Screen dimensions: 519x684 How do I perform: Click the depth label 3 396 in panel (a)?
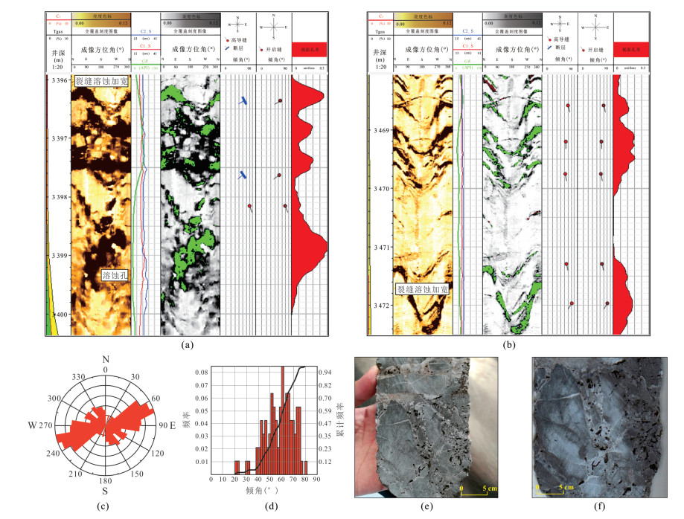coord(57,80)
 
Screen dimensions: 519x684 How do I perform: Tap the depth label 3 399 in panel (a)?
coord(57,255)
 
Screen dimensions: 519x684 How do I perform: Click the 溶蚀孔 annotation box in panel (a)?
coord(116,275)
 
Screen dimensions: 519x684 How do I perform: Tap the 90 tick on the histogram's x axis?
coord(316,480)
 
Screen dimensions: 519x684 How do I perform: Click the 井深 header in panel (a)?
coord(57,51)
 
